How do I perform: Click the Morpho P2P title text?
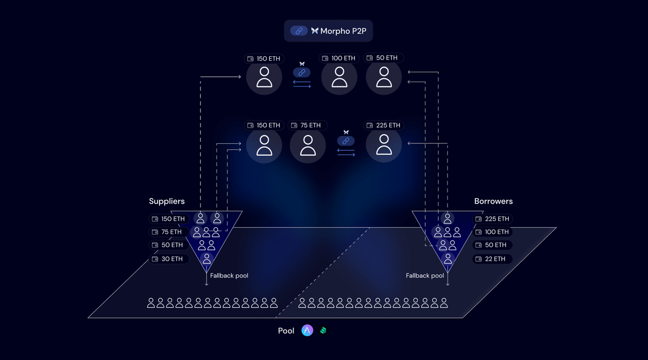click(x=343, y=31)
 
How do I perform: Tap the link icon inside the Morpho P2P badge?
click(x=299, y=31)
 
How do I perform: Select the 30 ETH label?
click(x=169, y=259)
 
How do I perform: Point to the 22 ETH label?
click(x=492, y=259)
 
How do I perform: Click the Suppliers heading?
click(x=167, y=202)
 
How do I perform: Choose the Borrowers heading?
click(x=493, y=202)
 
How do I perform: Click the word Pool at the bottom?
click(x=286, y=331)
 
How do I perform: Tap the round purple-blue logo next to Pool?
click(x=307, y=331)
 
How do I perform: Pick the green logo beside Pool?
click(x=323, y=331)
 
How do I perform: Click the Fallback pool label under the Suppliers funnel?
click(x=229, y=276)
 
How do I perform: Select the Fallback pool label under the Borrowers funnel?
click(x=425, y=276)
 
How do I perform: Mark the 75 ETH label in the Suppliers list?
click(x=169, y=232)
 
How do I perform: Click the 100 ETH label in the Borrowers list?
click(x=492, y=232)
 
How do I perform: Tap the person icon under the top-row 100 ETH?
click(x=339, y=77)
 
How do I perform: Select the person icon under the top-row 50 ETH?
click(x=384, y=77)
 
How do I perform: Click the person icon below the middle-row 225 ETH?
click(x=384, y=145)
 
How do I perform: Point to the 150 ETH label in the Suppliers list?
click(x=169, y=219)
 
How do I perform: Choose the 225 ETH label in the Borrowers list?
click(x=492, y=219)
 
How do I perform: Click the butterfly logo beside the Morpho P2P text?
click(x=315, y=31)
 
